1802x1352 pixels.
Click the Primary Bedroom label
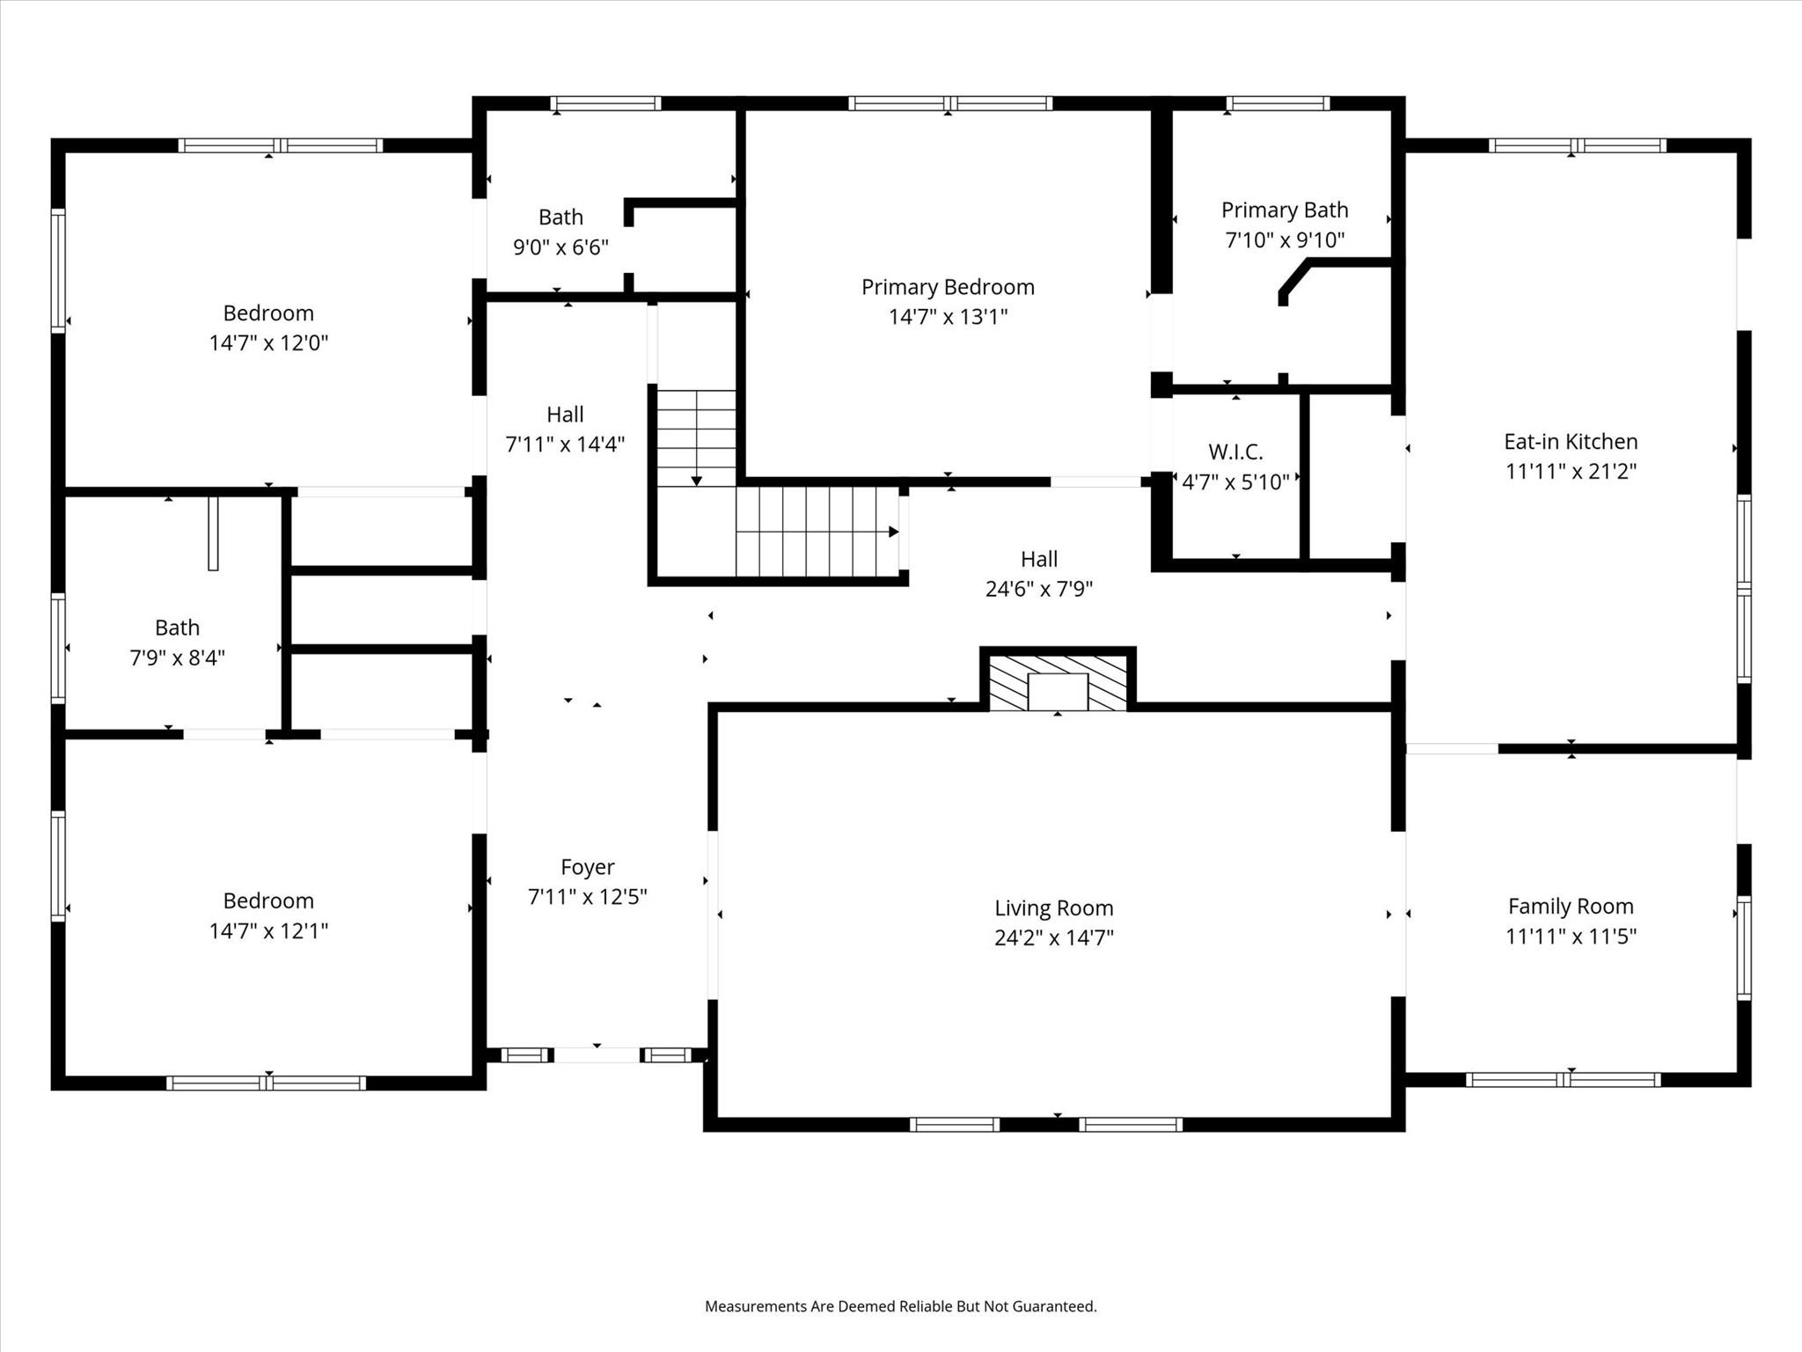click(948, 287)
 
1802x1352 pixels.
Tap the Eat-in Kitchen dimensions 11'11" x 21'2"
click(1571, 471)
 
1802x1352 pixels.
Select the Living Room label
click(1054, 907)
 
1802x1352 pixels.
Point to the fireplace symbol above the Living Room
click(1058, 680)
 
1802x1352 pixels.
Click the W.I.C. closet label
click(1235, 452)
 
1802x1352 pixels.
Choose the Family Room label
click(1571, 906)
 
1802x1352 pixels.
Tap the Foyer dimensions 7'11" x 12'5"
click(588, 896)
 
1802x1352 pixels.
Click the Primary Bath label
click(1285, 209)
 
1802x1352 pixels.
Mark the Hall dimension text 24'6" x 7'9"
click(1039, 588)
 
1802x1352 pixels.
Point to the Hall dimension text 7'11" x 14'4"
click(565, 444)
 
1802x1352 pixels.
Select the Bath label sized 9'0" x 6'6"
click(560, 217)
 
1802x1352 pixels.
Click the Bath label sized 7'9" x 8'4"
click(177, 628)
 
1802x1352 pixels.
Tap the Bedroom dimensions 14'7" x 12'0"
click(268, 342)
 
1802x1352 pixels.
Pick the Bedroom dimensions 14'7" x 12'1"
click(268, 930)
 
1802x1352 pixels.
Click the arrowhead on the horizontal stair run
click(893, 532)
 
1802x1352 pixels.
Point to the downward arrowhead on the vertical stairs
click(697, 481)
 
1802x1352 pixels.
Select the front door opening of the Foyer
click(597, 1054)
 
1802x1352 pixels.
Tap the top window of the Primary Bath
click(1278, 104)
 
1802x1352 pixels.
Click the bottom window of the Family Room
click(1564, 1080)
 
